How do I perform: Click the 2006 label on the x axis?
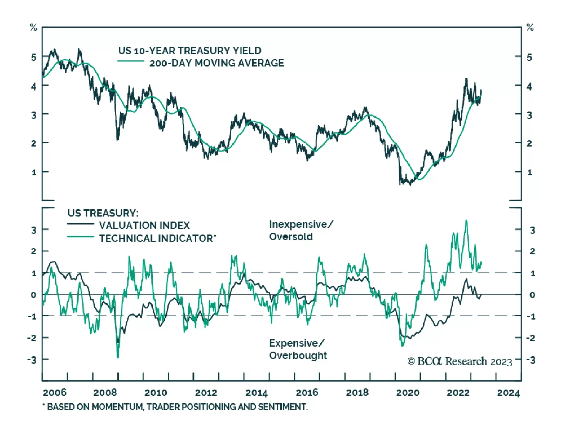point(55,392)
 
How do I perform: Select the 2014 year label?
point(256,392)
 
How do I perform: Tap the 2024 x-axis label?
point(508,392)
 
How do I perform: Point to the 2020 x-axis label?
point(407,392)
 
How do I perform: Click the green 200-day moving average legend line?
point(131,61)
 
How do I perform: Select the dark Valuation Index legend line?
point(80,224)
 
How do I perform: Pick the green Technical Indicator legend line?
point(80,237)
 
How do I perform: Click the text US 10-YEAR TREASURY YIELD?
point(189,51)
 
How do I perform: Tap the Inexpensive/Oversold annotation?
point(301,230)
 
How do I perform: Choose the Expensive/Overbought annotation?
point(298,349)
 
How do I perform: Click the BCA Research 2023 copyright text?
point(460,361)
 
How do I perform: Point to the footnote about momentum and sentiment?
point(175,407)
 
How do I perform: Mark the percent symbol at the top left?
point(33,27)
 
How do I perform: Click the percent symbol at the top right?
point(530,27)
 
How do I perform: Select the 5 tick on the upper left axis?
point(34,57)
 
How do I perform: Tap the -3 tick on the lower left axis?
point(32,360)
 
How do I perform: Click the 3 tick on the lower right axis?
point(532,230)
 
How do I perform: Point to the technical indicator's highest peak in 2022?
point(466,220)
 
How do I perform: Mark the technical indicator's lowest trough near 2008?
point(117,357)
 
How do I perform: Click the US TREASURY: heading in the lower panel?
point(103,213)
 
